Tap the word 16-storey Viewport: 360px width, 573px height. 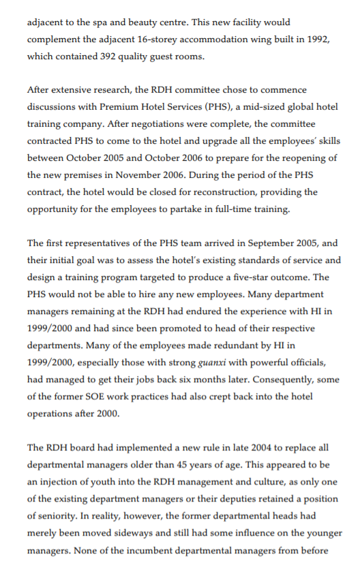click(179, 39)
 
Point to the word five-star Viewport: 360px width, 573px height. click(263, 277)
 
